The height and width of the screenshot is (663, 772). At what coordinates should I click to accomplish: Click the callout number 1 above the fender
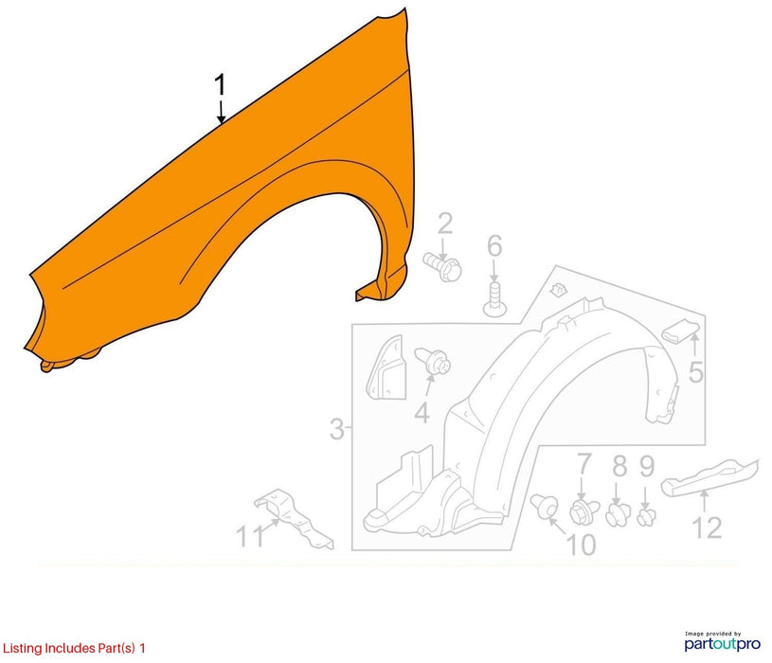tap(220, 85)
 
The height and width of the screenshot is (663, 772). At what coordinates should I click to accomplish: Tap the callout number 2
tap(445, 224)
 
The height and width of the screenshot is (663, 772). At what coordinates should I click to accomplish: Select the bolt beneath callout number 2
tap(442, 267)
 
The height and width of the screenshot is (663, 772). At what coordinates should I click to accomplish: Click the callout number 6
tap(494, 246)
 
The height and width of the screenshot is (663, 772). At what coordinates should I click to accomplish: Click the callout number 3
tap(337, 429)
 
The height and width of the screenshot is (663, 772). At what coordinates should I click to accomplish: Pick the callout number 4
tap(422, 412)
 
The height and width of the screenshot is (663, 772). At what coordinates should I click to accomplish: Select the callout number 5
tap(695, 372)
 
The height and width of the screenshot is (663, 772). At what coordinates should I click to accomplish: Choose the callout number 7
tap(583, 464)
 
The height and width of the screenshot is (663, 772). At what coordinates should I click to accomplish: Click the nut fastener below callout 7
tap(583, 511)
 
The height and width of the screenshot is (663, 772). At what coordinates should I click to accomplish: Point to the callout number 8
tap(619, 466)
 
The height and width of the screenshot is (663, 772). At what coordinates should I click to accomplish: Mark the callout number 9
tap(646, 466)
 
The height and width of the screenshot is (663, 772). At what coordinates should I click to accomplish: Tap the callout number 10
tap(582, 545)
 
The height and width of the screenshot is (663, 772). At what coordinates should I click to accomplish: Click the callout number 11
tap(251, 536)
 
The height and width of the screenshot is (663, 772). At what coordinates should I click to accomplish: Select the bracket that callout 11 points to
tap(294, 518)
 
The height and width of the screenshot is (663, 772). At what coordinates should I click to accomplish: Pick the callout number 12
tap(708, 528)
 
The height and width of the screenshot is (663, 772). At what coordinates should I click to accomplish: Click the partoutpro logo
tap(723, 641)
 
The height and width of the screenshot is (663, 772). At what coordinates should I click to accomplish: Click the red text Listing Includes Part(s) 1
tap(74, 648)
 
